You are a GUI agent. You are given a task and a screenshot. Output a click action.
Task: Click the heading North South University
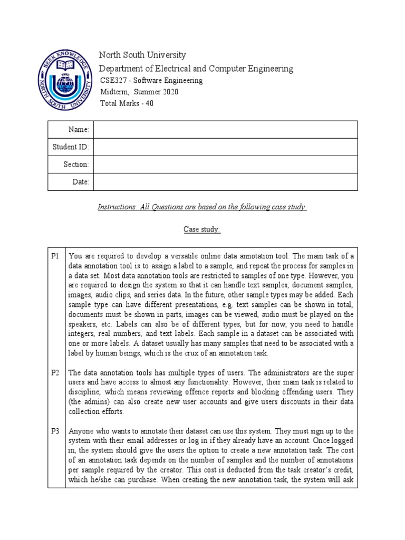143,55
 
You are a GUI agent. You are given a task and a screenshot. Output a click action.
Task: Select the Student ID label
71,147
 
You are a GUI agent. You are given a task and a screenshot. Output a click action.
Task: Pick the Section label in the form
76,165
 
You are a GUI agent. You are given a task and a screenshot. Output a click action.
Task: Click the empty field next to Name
225,130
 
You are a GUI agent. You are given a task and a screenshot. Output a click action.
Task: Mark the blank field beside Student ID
225,147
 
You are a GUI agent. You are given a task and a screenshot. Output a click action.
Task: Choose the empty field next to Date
225,182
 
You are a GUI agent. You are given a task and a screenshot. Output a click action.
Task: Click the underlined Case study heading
202,229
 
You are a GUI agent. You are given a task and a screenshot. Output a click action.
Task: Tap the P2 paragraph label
55,373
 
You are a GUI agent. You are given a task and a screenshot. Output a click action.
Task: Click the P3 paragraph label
55,431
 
